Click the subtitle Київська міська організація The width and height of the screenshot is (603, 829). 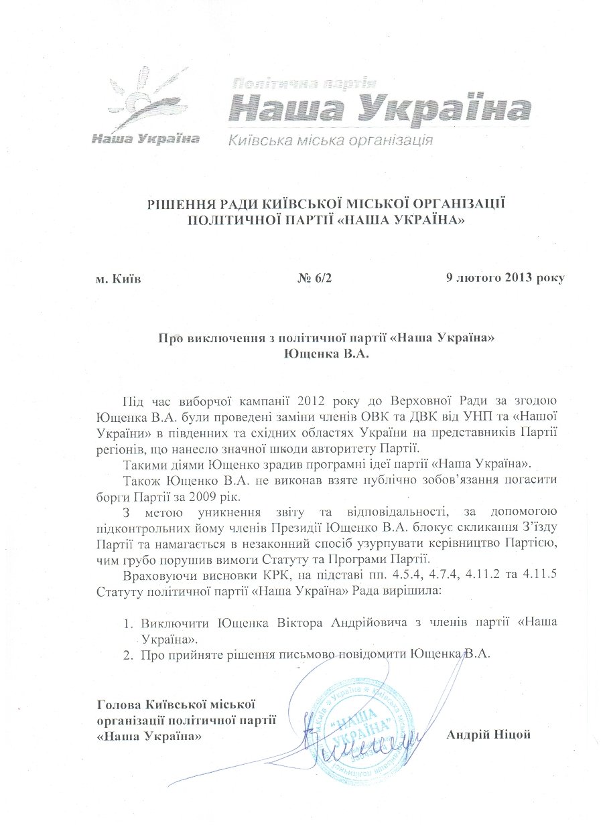pos(329,141)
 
